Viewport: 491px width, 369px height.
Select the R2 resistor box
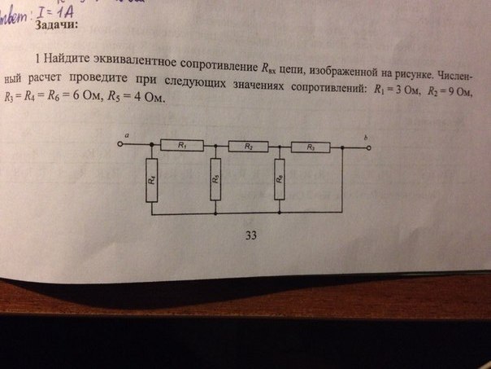point(247,147)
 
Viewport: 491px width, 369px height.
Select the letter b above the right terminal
point(366,138)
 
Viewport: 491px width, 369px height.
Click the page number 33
point(250,236)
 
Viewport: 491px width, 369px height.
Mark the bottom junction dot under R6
point(279,213)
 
